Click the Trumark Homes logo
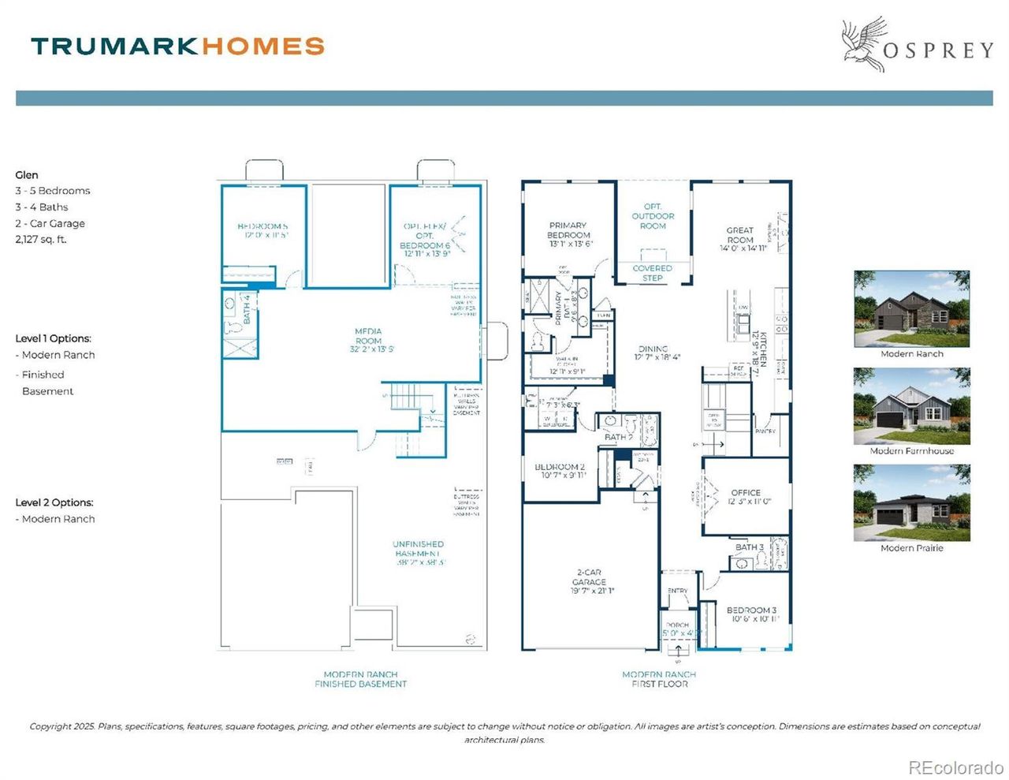(178, 46)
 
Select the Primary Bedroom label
(568, 234)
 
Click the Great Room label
(740, 239)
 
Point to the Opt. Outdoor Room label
(653, 216)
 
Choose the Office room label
(746, 496)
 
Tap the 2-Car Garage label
(589, 581)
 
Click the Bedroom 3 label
(751, 614)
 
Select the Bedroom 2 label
(560, 471)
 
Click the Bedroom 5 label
(262, 230)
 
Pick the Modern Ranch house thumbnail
(911, 309)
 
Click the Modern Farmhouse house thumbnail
(911, 406)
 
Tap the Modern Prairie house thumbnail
(911, 502)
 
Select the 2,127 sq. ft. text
(41, 240)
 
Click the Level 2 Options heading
(54, 502)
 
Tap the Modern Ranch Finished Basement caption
(361, 679)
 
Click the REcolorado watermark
(955, 767)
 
